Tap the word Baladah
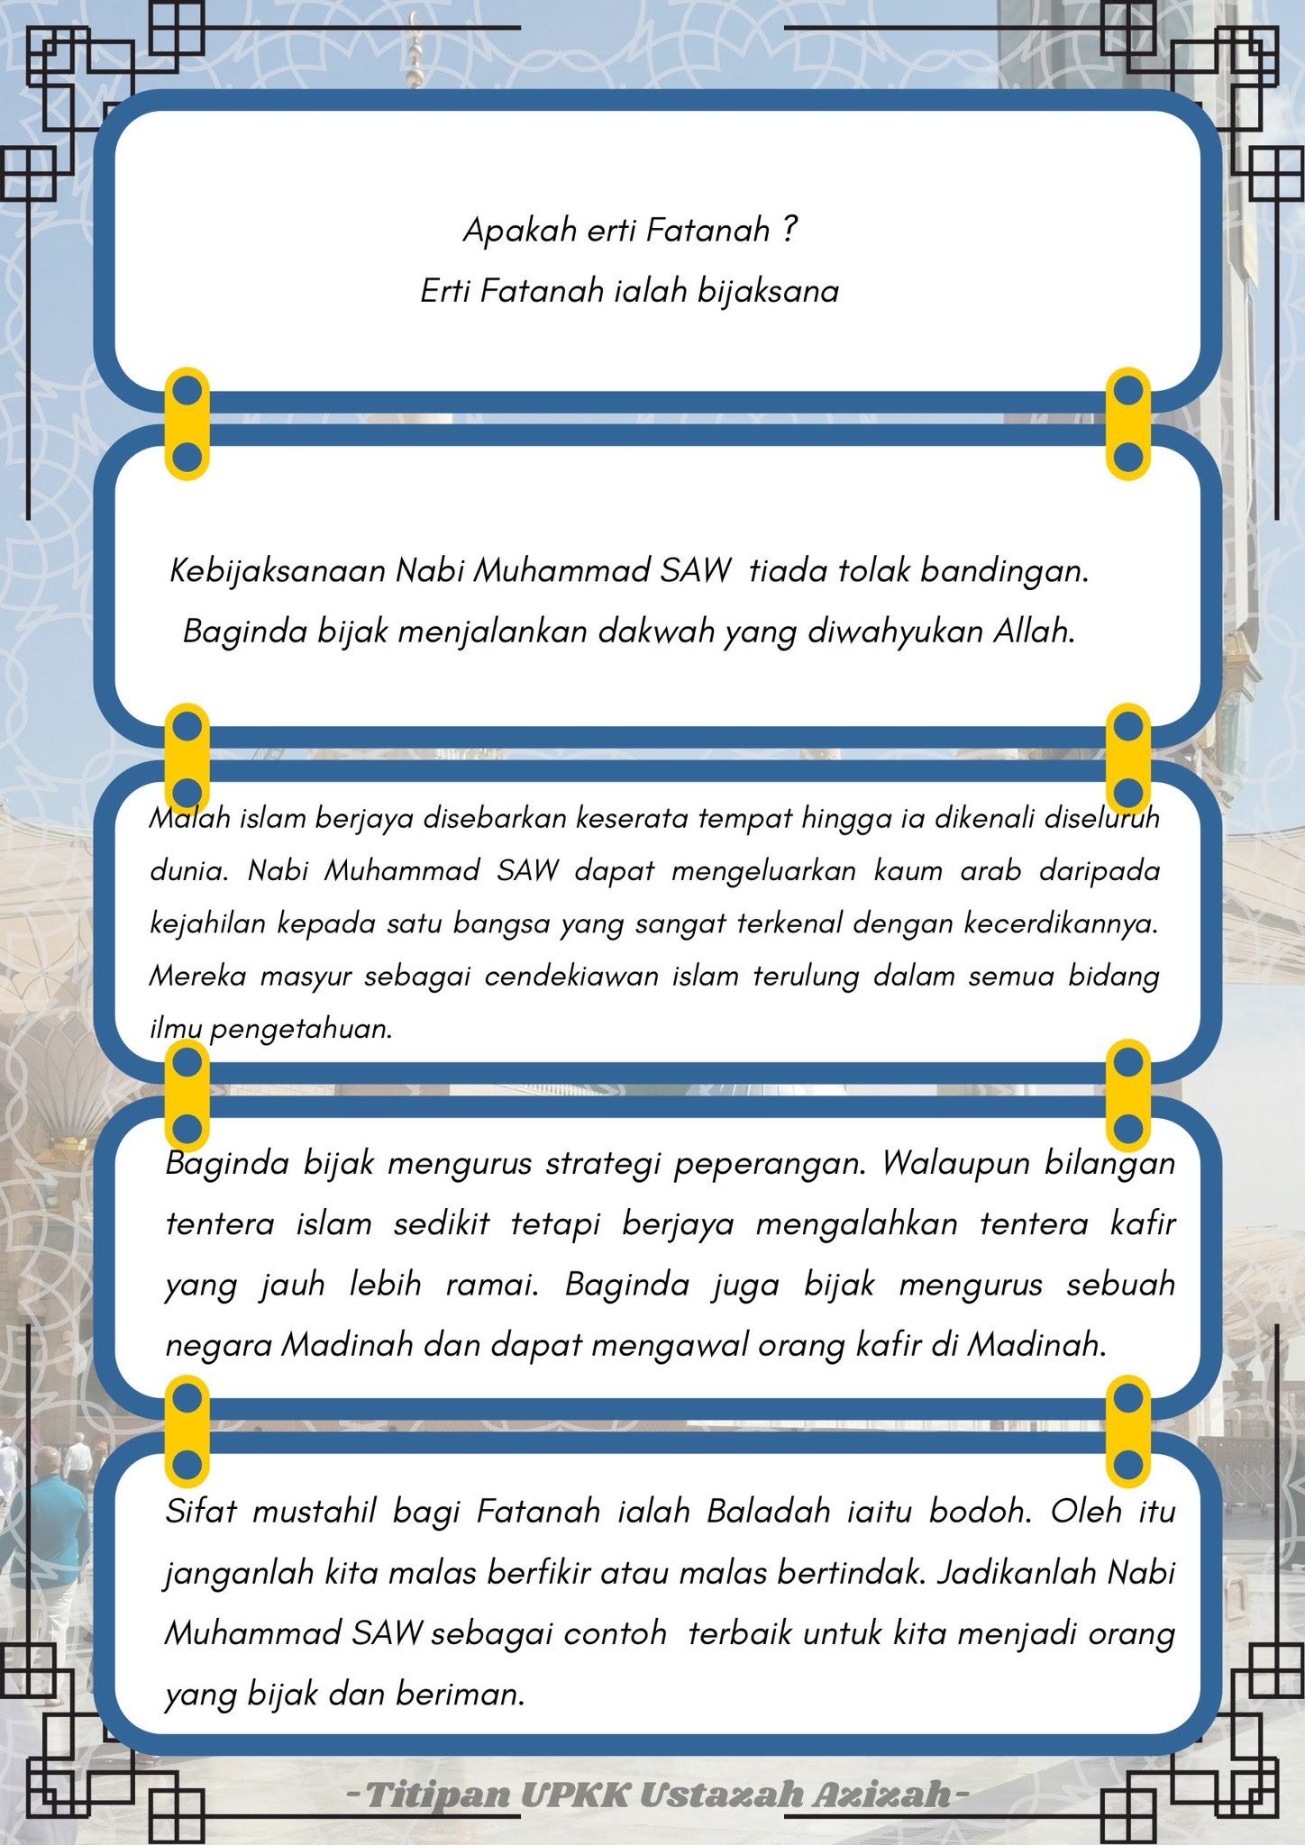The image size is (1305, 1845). (768, 1511)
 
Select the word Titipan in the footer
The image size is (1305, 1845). (438, 1793)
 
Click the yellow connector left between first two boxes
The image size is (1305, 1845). (187, 423)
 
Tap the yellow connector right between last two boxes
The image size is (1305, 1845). (1128, 1432)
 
